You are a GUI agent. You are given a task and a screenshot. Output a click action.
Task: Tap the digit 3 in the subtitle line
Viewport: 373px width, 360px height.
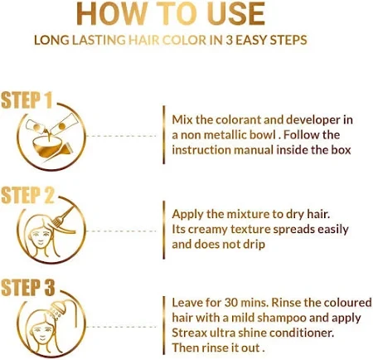point(229,40)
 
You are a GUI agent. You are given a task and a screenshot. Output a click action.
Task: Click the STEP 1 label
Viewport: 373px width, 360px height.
point(27,100)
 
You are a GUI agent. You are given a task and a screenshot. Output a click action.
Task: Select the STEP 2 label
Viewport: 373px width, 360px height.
point(27,195)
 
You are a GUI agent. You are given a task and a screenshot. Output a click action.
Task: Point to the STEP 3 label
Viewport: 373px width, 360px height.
point(28,288)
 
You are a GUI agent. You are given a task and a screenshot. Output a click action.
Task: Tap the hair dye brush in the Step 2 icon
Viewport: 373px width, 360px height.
point(63,217)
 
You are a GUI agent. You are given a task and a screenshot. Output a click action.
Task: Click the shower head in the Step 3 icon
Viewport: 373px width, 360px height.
point(57,309)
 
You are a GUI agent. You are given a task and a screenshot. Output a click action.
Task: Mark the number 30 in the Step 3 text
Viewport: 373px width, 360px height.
point(231,303)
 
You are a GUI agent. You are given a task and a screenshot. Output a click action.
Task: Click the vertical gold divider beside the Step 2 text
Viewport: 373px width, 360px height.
point(164,230)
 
